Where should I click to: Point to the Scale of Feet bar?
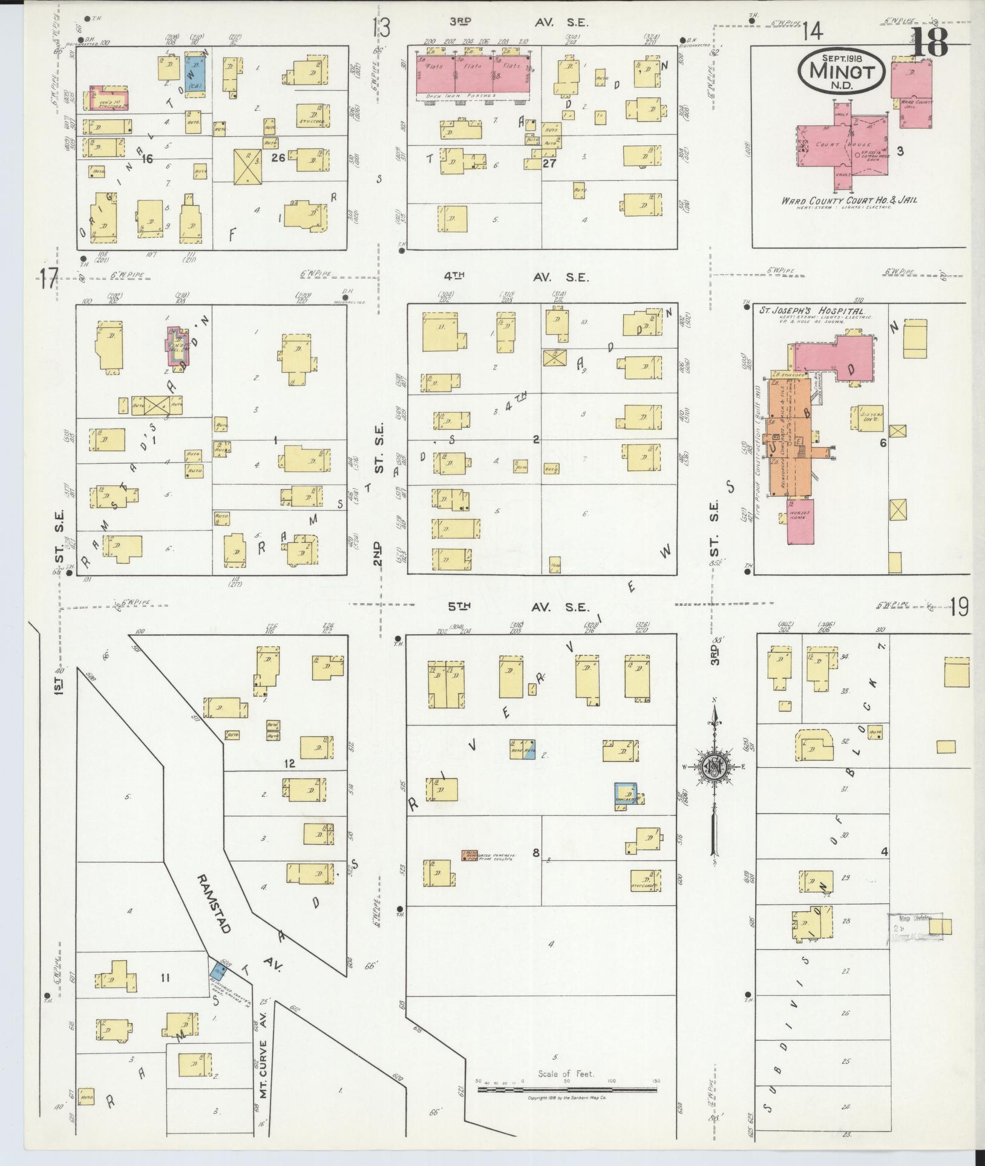pos(567,1089)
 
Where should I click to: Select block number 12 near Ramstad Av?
pos(289,763)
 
